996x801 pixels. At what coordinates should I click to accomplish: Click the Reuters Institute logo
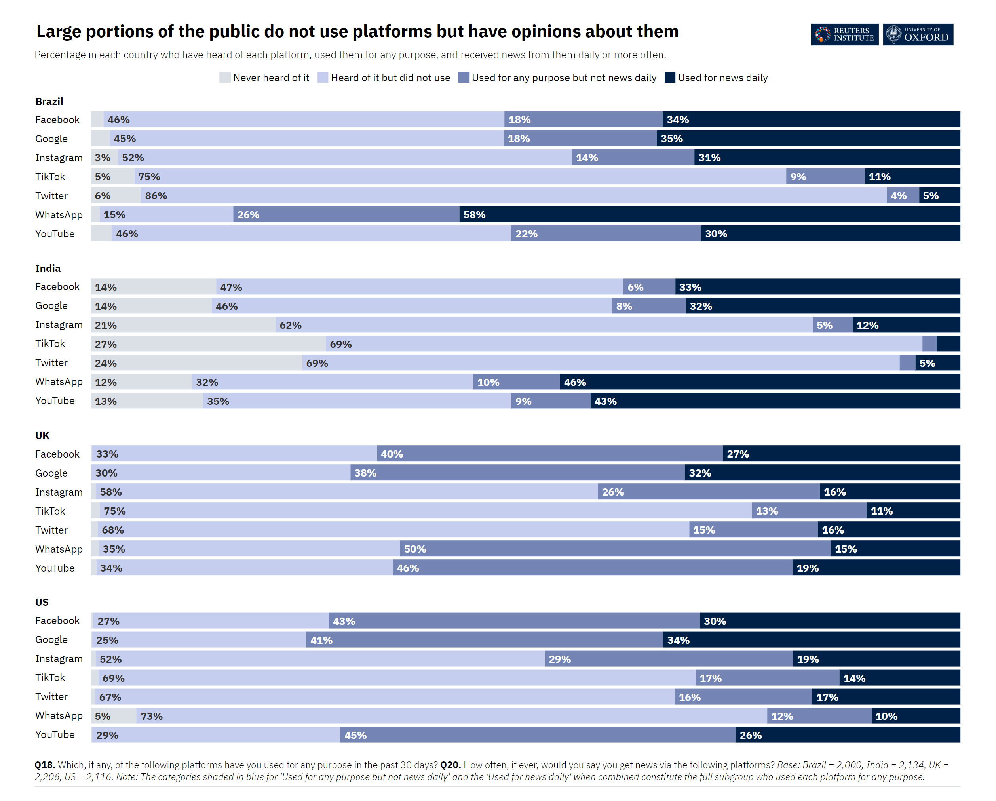coord(844,35)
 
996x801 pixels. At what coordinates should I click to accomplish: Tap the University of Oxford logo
coord(918,35)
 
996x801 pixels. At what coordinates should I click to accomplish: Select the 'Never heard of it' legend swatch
coord(224,78)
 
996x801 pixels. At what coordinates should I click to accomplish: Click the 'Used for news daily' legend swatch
coord(669,78)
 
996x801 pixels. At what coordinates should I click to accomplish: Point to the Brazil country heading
coord(49,102)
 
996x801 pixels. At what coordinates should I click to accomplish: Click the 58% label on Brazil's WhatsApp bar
coord(474,215)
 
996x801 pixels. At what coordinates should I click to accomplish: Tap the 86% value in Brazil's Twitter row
coord(156,196)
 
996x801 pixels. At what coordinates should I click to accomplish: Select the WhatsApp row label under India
coord(59,382)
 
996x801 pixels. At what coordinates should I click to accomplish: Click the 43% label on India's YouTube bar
coord(605,401)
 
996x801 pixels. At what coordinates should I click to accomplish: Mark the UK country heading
coord(42,435)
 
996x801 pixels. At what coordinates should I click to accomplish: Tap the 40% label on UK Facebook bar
coord(392,454)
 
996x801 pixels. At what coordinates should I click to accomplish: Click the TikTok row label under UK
coord(50,511)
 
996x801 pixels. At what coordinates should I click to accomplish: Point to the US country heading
coord(42,602)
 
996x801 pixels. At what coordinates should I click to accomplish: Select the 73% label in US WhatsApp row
coord(152,716)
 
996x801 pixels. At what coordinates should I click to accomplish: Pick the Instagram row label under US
coord(59,659)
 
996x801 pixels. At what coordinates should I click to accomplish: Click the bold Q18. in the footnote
coord(45,765)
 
